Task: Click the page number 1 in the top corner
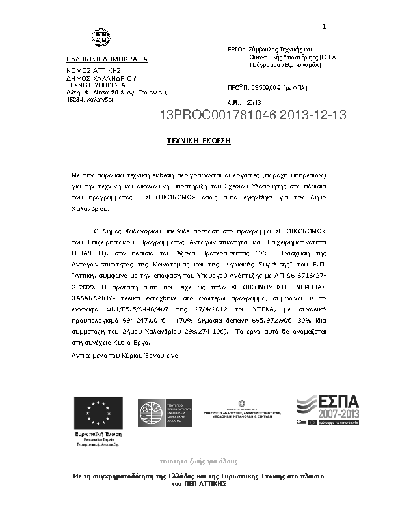323,26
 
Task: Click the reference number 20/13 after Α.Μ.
254,103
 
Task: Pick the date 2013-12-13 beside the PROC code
309,116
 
